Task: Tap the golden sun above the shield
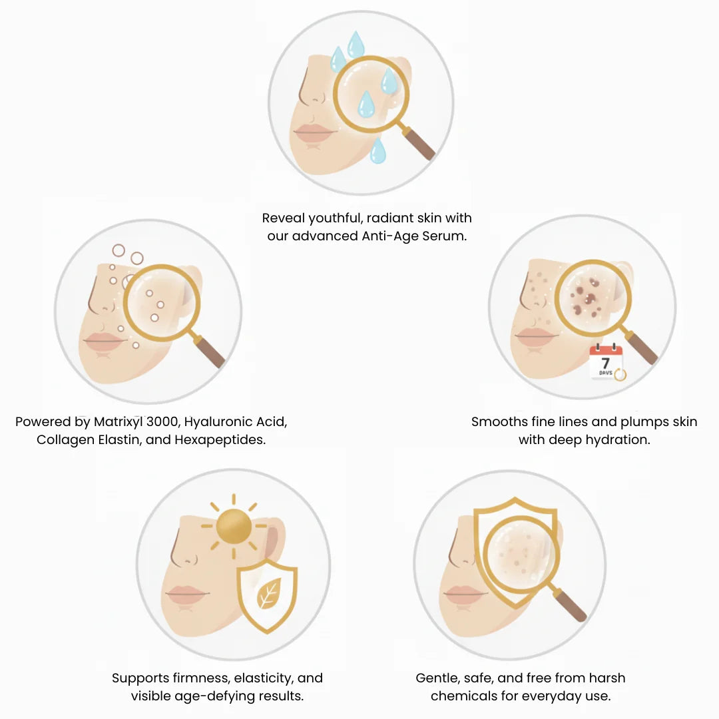tap(234, 527)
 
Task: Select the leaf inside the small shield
tap(269, 593)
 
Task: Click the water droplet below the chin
tap(378, 150)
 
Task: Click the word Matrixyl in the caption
tap(119, 422)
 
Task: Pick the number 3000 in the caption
tap(162, 422)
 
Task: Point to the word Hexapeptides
tap(220, 440)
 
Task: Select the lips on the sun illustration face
tap(187, 593)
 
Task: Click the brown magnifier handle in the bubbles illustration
tap(210, 352)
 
